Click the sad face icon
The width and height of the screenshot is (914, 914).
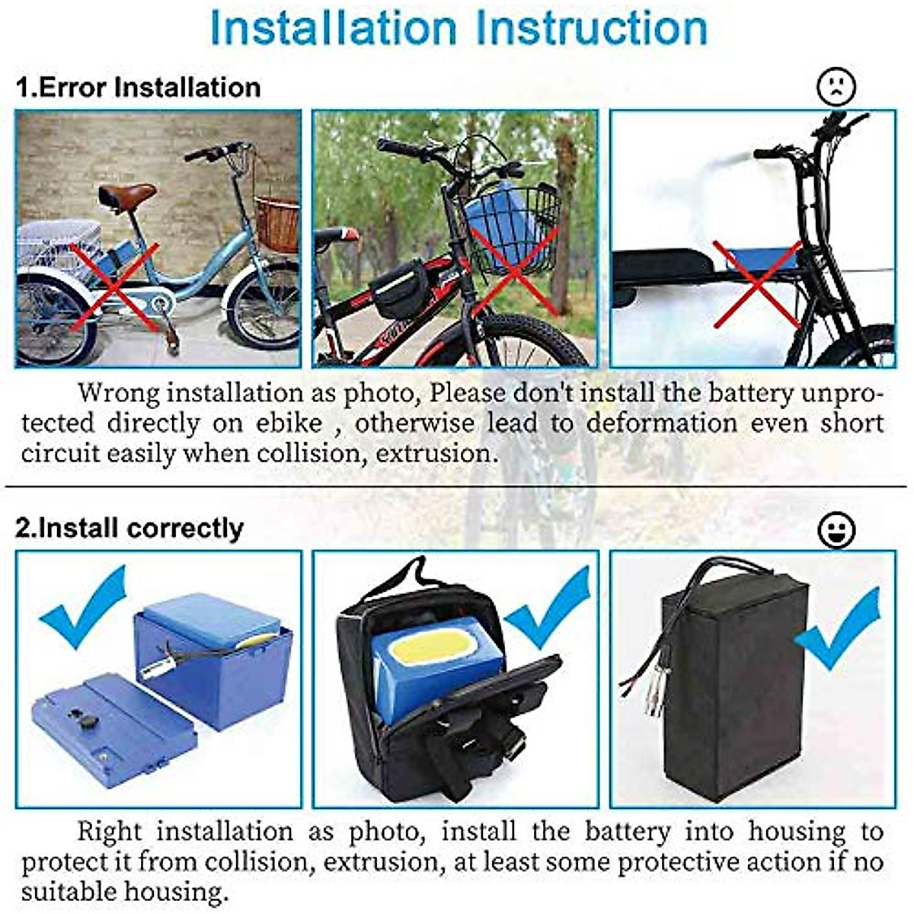[x=836, y=88]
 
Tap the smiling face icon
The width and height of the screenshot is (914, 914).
[x=836, y=529]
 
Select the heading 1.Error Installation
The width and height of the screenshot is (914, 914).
[x=139, y=88]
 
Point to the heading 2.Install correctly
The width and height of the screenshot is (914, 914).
[x=129, y=528]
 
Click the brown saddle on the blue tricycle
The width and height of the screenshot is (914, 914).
[x=127, y=195]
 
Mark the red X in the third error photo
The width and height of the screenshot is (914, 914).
[x=756, y=282]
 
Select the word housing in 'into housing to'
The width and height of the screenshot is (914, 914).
[x=797, y=831]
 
